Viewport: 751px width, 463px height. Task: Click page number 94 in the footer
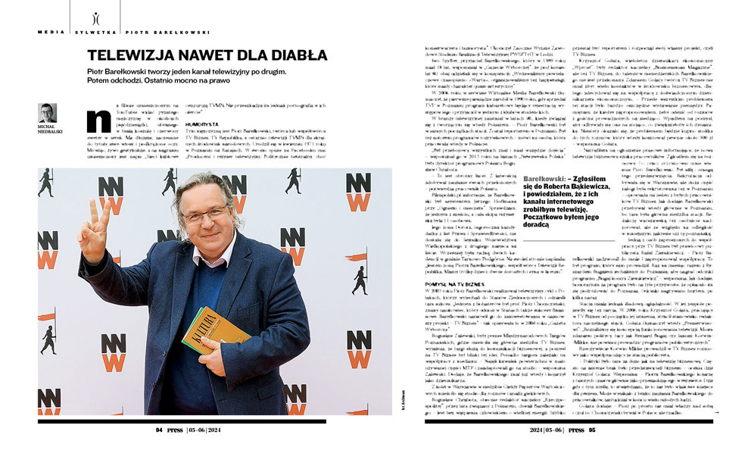click(x=160, y=428)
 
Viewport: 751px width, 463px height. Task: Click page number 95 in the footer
click(x=592, y=429)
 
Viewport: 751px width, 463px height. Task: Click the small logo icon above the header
click(x=95, y=17)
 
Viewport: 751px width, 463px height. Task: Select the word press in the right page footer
click(x=576, y=429)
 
